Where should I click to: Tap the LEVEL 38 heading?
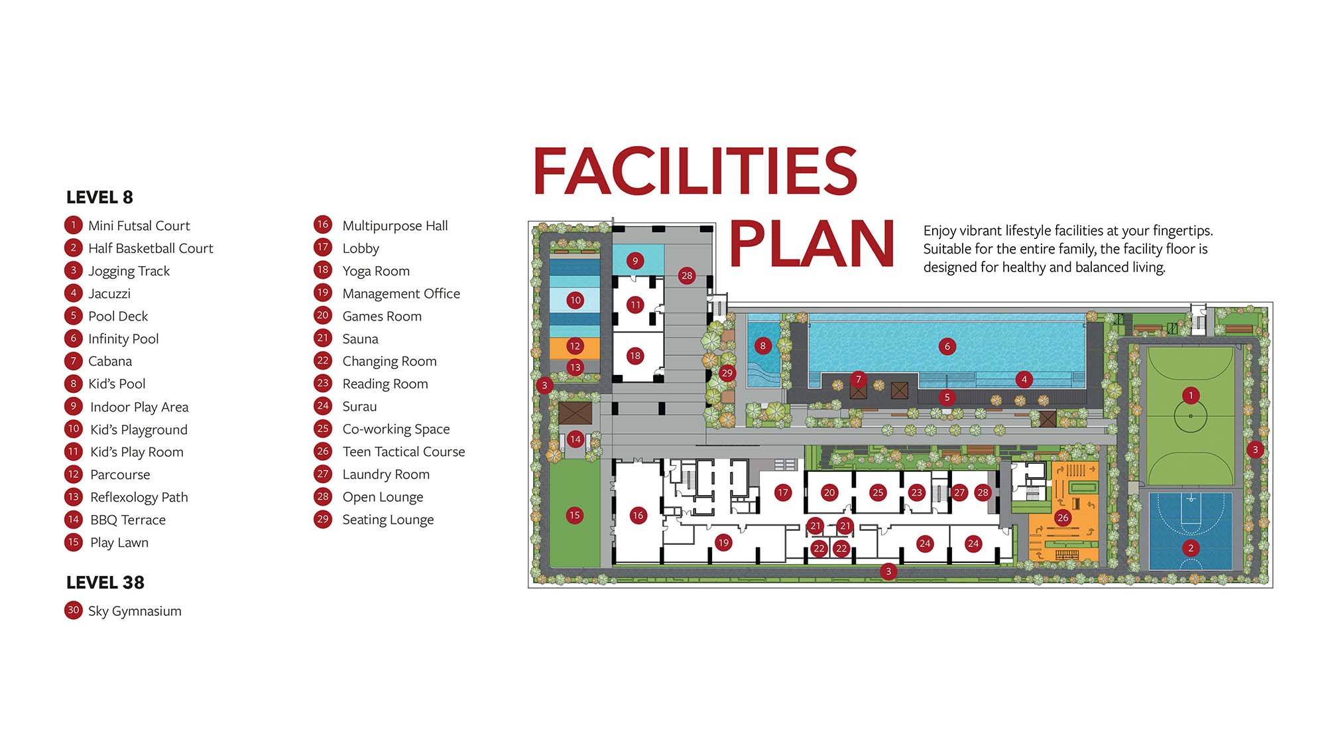[x=105, y=583]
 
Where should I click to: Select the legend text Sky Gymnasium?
[x=135, y=611]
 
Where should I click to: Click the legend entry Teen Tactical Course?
[x=404, y=452]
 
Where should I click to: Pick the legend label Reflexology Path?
[x=139, y=498]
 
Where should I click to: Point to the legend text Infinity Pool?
[x=123, y=339]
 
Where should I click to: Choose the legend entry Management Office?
[x=401, y=294]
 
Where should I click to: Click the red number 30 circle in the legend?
[x=74, y=611]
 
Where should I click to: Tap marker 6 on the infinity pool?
[x=947, y=346]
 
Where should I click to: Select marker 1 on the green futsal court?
[x=1191, y=396]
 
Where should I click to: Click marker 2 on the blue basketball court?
[x=1191, y=548]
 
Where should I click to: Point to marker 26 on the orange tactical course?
[x=1063, y=518]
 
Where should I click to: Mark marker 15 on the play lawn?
[x=575, y=515]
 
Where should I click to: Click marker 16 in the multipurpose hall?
[x=638, y=515]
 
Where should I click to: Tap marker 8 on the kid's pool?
[x=763, y=346]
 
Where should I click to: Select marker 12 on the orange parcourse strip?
[x=575, y=346]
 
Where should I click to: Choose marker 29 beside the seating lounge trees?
[x=727, y=373]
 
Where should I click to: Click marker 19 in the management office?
[x=723, y=543]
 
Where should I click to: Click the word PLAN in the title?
[x=812, y=244]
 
